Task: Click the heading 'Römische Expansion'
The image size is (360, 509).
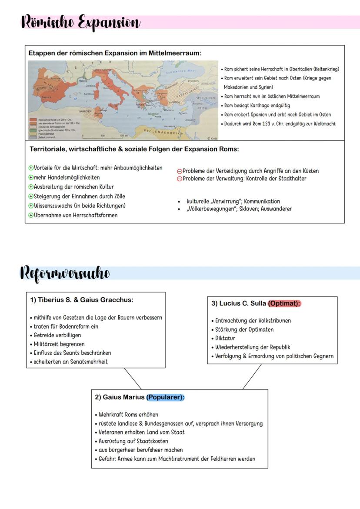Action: (80, 22)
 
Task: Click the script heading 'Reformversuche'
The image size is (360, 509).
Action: (65, 273)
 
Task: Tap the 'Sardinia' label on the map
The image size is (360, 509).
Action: (89, 93)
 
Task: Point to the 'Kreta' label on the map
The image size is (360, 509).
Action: (158, 116)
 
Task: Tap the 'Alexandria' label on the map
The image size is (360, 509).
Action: (170, 126)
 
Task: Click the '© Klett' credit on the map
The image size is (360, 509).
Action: (212, 138)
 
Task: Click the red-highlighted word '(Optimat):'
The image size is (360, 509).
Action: (284, 303)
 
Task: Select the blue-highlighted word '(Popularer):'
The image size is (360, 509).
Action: (165, 397)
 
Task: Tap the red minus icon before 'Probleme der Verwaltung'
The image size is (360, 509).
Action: (179, 179)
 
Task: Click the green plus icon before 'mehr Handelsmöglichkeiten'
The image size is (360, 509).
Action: (31, 178)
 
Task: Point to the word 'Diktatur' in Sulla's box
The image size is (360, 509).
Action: (225, 338)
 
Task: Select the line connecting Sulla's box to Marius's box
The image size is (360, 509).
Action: (252, 376)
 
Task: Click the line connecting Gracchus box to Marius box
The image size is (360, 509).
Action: (133, 379)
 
